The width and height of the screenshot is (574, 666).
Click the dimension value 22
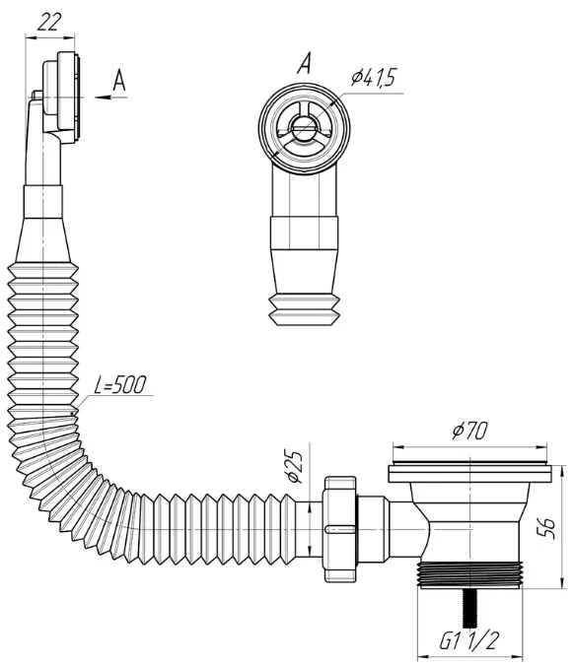(x=49, y=22)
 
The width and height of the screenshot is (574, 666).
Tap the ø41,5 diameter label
(x=374, y=78)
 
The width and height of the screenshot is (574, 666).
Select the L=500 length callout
(x=120, y=385)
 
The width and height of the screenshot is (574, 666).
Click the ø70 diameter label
(x=469, y=432)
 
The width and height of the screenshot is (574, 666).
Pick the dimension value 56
(x=547, y=528)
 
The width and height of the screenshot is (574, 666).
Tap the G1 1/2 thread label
(x=467, y=640)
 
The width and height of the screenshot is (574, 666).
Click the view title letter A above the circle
(x=305, y=63)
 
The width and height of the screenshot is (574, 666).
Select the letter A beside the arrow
(x=119, y=81)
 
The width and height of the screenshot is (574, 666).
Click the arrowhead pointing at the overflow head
(x=103, y=98)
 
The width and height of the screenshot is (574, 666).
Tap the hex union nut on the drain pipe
(x=340, y=529)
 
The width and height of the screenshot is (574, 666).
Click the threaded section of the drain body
(x=469, y=574)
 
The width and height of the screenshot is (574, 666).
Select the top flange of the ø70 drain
(x=469, y=474)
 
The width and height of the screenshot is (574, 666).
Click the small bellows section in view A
(x=305, y=309)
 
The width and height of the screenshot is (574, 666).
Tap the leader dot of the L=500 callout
(x=72, y=413)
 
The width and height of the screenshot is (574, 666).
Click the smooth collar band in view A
(x=305, y=233)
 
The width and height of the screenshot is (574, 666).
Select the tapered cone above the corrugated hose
(x=43, y=240)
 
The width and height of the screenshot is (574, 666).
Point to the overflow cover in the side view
(x=68, y=96)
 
